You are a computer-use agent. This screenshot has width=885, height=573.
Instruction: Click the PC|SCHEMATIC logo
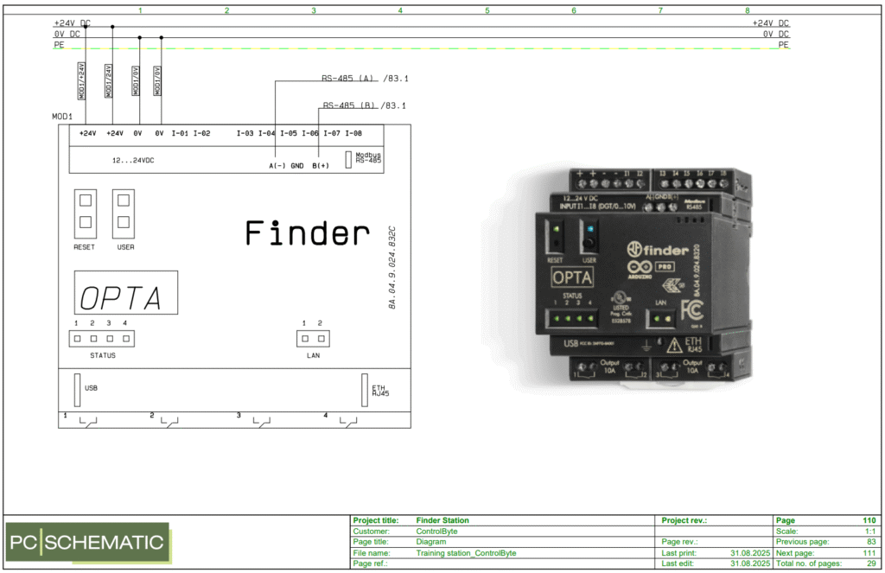pyautogui.click(x=87, y=543)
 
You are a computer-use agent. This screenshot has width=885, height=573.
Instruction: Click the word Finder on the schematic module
pyautogui.click(x=307, y=233)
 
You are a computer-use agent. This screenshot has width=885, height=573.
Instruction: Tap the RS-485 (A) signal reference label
pyautogui.click(x=364, y=80)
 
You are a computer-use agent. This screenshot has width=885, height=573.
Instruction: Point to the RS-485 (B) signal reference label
pyautogui.click(x=364, y=105)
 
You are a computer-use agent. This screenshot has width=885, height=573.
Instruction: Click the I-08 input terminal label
pyautogui.click(x=353, y=133)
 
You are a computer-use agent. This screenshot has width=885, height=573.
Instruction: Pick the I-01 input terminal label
pyautogui.click(x=180, y=133)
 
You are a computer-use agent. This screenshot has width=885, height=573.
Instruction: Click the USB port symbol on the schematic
pyautogui.click(x=77, y=389)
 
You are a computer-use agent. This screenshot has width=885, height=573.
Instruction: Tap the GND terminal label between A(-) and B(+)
pyautogui.click(x=297, y=165)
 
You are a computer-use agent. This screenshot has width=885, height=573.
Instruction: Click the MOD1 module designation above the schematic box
pyautogui.click(x=61, y=117)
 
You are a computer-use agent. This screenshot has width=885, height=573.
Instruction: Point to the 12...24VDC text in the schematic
pyautogui.click(x=133, y=161)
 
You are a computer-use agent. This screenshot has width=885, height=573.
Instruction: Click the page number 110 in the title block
pyautogui.click(x=869, y=520)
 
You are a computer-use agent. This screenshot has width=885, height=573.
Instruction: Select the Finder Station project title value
pyautogui.click(x=442, y=520)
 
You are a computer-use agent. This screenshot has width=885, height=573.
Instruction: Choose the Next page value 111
pyautogui.click(x=869, y=552)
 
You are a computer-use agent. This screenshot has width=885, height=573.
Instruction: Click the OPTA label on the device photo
pyautogui.click(x=571, y=277)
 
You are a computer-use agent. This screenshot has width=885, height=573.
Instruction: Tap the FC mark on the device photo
pyautogui.click(x=691, y=309)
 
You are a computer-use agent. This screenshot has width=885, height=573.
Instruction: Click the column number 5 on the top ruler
pyautogui.click(x=487, y=10)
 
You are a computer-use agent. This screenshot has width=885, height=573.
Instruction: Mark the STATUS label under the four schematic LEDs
pyautogui.click(x=102, y=355)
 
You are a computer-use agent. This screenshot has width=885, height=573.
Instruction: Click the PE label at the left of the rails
pyautogui.click(x=58, y=44)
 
